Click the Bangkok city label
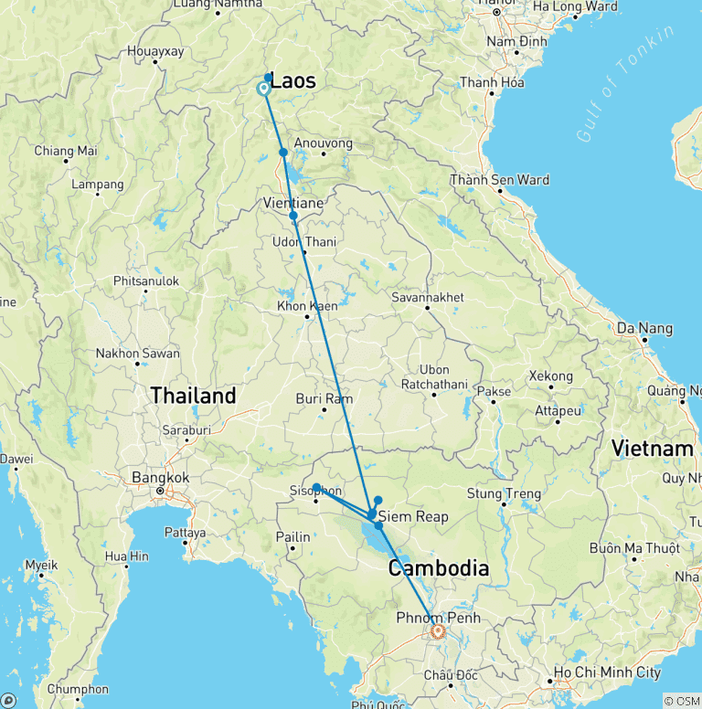point(160,477)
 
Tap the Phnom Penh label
point(438,618)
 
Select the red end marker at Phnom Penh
point(438,630)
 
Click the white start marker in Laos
point(263,89)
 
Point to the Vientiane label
point(293,202)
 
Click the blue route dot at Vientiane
point(293,217)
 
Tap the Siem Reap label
point(413,516)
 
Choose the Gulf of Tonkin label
point(625,83)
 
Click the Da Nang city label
point(644,328)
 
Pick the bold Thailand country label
point(193,396)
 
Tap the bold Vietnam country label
point(653,449)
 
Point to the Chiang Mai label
point(66,151)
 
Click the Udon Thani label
point(304,242)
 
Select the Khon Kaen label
point(307,306)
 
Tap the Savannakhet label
point(427,297)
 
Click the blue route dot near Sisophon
point(316,487)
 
